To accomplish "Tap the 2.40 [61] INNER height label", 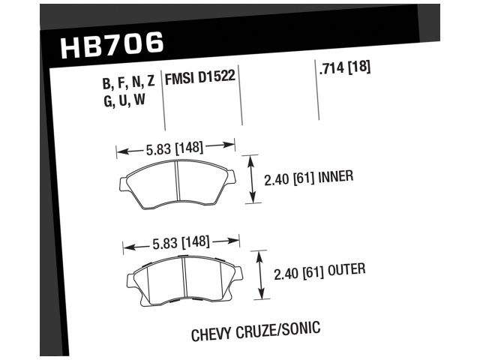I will pyautogui.click(x=308, y=178).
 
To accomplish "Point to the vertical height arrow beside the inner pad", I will pyautogui.click(x=253, y=179).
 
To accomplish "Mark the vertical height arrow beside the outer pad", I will pyautogui.click(x=260, y=274).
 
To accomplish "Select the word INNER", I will pyautogui.click(x=335, y=178).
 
